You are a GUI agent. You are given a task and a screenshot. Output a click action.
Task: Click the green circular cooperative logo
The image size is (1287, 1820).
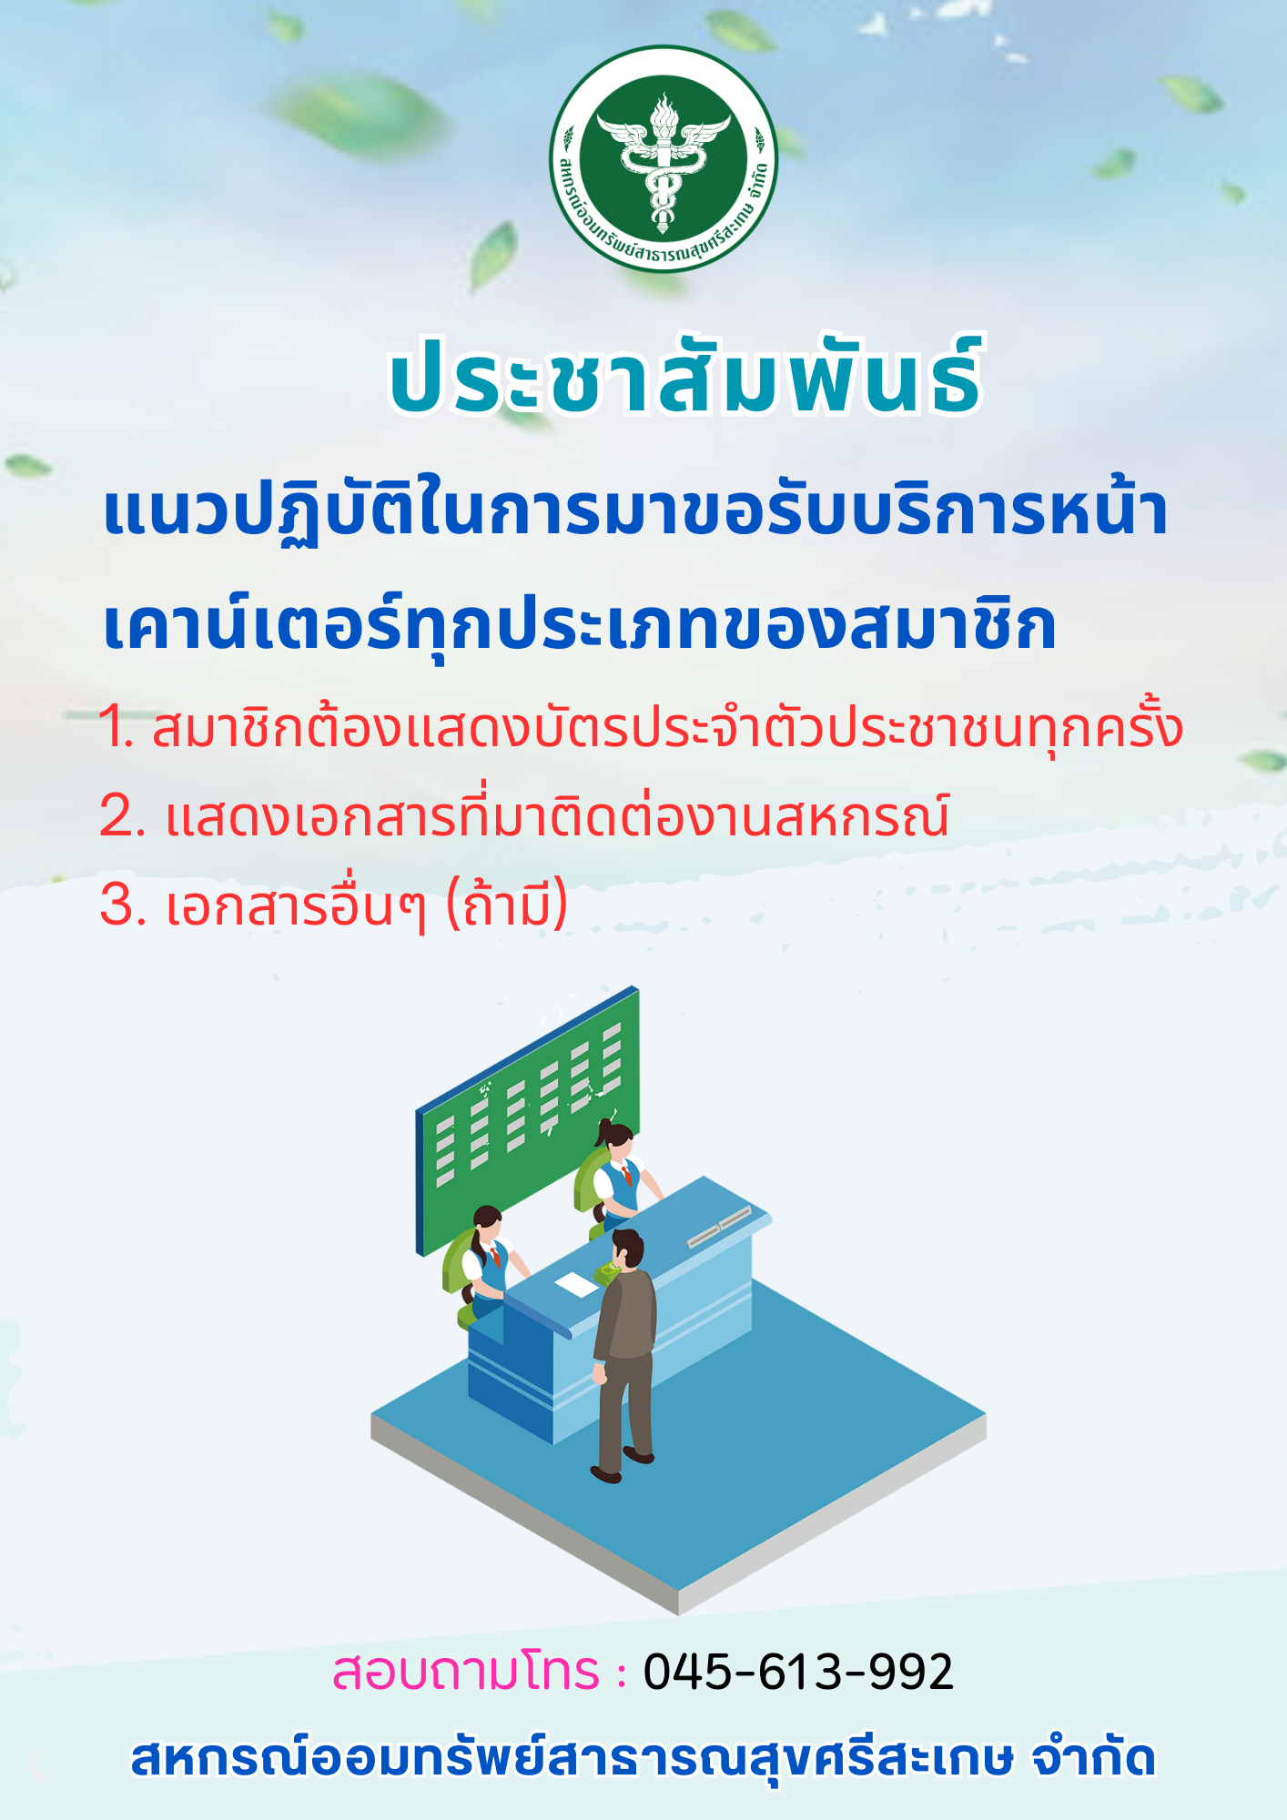click(664, 159)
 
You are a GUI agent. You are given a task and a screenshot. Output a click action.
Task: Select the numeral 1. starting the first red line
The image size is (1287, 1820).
click(117, 728)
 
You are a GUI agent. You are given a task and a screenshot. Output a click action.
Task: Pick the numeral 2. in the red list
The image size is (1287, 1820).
click(122, 816)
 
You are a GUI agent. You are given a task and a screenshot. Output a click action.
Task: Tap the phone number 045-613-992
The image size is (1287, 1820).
click(798, 1672)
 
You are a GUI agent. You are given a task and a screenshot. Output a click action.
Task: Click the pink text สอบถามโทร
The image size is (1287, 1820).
click(466, 1672)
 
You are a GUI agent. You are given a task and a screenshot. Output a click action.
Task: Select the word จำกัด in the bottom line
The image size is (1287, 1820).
click(1093, 1757)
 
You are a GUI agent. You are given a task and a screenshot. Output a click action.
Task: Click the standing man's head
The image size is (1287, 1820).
click(627, 1249)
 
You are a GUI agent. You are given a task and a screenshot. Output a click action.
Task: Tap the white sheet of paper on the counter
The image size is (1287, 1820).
click(576, 1284)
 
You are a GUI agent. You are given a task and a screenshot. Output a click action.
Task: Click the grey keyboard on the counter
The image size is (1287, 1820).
click(720, 1228)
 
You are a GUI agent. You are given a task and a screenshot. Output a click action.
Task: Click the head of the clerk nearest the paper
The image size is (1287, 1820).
click(487, 1225)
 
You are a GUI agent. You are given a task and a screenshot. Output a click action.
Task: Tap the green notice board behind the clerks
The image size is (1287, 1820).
click(528, 1119)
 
